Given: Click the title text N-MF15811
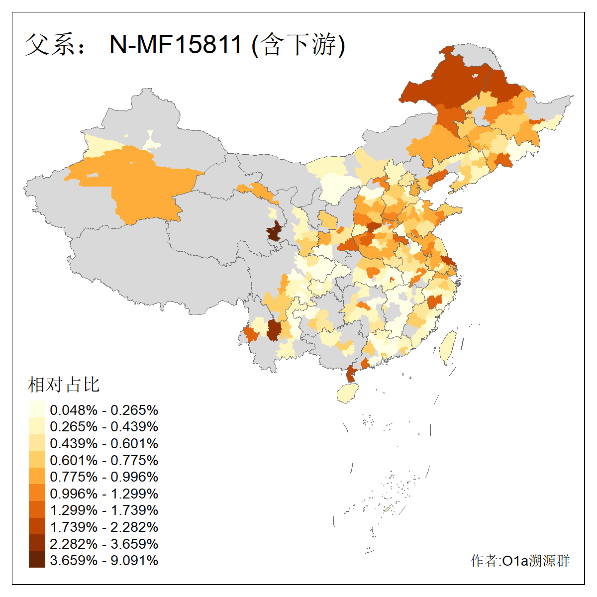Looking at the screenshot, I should coord(175,44).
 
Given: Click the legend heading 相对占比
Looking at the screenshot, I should coord(64,385).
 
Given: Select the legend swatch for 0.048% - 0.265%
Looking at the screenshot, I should coord(37,409).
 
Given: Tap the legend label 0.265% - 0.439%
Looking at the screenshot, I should coord(104,427).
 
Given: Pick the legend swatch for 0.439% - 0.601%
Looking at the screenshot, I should coord(37,443).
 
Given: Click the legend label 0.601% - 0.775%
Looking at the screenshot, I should coord(104,460).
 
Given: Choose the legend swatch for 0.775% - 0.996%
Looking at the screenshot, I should coord(37,477).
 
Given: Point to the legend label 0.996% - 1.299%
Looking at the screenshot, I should coord(104,494).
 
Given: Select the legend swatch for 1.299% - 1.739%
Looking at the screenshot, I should coord(37,510).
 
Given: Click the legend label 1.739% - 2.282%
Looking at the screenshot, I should coord(104,527).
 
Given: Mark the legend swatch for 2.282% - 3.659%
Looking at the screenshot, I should coord(37,543).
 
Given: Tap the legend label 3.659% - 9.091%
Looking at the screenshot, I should coord(104,560).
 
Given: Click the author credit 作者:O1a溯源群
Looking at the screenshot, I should coord(520,561).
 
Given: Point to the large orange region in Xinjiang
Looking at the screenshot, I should coord(144,184).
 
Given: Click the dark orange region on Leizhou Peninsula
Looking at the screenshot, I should coord(351,374).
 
